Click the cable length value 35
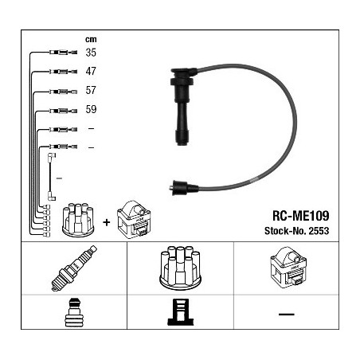tap(91, 53)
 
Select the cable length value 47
tap(91, 71)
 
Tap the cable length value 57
tap(91, 90)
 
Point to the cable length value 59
tap(91, 109)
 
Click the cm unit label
tap(91, 40)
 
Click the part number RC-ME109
tap(301, 216)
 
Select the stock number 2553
tap(319, 231)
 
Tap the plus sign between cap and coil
tap(106, 222)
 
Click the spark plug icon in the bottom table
tap(74, 268)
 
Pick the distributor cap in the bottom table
tap(180, 268)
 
